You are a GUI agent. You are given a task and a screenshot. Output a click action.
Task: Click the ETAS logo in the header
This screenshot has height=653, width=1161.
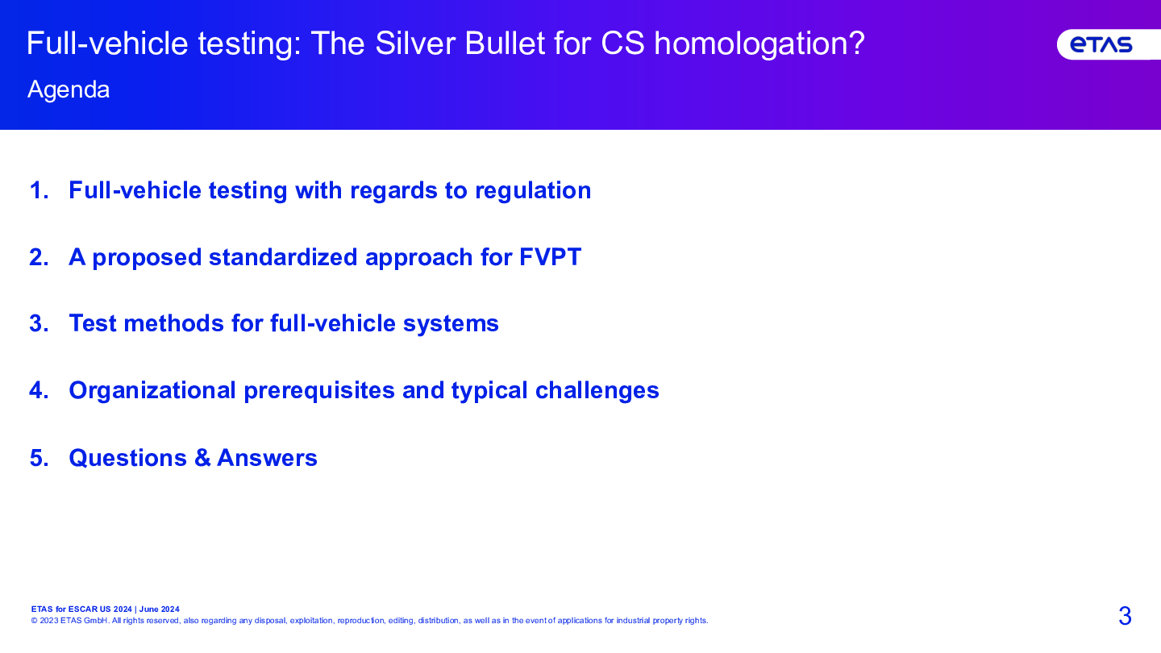(x=1101, y=44)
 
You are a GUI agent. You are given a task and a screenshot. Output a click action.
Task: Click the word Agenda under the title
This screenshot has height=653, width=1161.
(x=69, y=90)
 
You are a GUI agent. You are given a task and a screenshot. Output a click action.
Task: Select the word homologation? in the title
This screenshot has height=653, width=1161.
(x=759, y=44)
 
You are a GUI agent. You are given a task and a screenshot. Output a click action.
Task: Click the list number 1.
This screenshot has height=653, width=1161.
(x=39, y=190)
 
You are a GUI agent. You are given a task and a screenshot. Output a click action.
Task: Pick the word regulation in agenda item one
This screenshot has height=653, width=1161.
(x=533, y=191)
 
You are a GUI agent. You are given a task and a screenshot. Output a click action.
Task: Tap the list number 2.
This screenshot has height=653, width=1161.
(x=39, y=257)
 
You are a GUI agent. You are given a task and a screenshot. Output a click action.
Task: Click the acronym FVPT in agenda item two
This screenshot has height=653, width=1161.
(x=550, y=257)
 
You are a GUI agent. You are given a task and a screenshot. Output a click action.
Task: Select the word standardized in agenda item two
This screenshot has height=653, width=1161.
(x=283, y=258)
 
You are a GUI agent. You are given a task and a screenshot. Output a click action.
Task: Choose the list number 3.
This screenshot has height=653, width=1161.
(x=39, y=323)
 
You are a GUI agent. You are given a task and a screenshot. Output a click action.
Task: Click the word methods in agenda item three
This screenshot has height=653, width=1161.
(x=173, y=323)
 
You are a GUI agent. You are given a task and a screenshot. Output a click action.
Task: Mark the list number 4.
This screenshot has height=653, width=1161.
(x=39, y=390)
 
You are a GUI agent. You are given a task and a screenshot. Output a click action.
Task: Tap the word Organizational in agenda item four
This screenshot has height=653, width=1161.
(x=152, y=391)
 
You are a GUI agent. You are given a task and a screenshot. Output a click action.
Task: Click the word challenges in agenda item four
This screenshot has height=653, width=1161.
(x=597, y=391)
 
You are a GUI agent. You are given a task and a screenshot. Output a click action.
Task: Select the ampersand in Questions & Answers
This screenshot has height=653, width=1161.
(x=202, y=458)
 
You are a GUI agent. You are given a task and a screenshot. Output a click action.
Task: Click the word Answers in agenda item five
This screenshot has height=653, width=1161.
(x=267, y=458)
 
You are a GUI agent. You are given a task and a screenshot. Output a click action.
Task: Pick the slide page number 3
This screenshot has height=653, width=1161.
(x=1125, y=616)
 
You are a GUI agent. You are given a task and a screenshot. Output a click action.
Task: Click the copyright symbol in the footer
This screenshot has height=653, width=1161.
(x=34, y=621)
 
